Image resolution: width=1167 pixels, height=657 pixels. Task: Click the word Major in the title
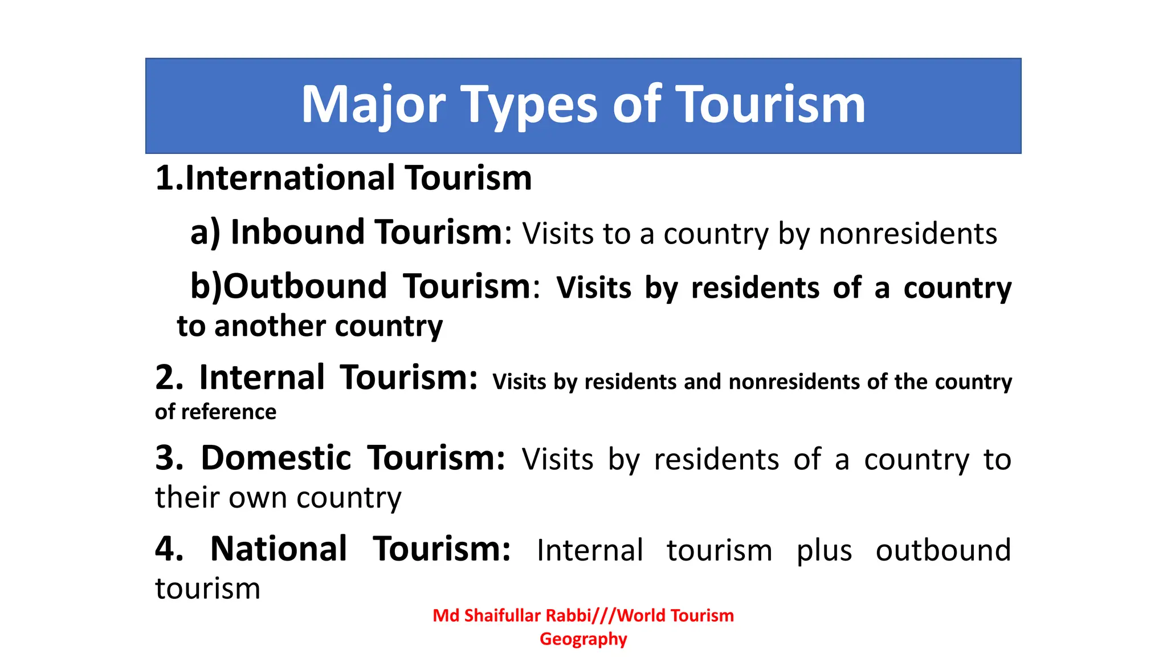373,106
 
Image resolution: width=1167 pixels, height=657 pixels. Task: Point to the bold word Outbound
305,286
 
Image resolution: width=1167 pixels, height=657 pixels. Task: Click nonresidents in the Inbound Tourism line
908,234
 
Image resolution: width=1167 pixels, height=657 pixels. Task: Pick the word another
270,326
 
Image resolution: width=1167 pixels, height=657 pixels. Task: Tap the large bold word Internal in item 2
262,378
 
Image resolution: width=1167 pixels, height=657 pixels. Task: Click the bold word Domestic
276,458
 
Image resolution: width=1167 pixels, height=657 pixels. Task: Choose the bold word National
279,549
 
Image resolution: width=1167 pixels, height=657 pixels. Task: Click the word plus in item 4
824,551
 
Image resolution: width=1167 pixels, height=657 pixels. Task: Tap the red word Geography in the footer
583,639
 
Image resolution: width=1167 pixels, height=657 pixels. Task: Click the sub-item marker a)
205,233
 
